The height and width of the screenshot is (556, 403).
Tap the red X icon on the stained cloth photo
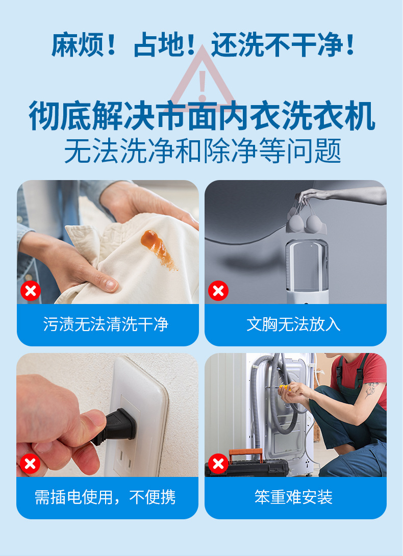pos(31,291)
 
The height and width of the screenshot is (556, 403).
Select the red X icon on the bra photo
pos(218,291)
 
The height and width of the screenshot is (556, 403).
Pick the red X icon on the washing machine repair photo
pos(218,464)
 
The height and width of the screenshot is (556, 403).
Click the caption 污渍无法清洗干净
pos(106,324)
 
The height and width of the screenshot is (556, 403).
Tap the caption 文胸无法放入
pos(293,324)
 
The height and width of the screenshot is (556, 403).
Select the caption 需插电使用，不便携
pos(105,497)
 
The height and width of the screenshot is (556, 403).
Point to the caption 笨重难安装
pos(293,497)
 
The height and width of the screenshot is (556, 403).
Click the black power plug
pos(115,425)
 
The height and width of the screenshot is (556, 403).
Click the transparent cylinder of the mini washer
pos(307,266)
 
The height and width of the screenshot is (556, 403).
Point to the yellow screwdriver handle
pos(285,388)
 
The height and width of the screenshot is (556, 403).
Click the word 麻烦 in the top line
pos(78,45)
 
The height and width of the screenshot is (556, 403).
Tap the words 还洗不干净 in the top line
pos(277,45)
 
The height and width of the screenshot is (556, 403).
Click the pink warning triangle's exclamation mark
pos(203,85)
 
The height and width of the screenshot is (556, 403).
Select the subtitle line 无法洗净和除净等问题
pos(203,150)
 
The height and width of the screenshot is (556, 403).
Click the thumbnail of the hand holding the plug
pos(107,415)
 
